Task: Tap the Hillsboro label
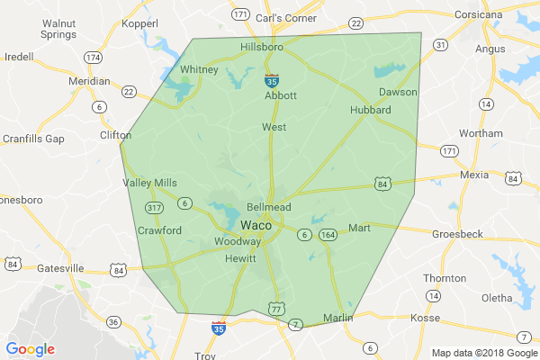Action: tap(263, 47)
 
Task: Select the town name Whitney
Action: tap(199, 69)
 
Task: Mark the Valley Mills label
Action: tap(149, 183)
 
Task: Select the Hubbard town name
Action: tap(370, 110)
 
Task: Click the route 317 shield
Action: tap(152, 208)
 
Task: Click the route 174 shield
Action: tap(93, 57)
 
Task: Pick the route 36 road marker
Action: tap(113, 321)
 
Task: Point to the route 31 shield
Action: tap(439, 44)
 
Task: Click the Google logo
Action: tap(31, 349)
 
